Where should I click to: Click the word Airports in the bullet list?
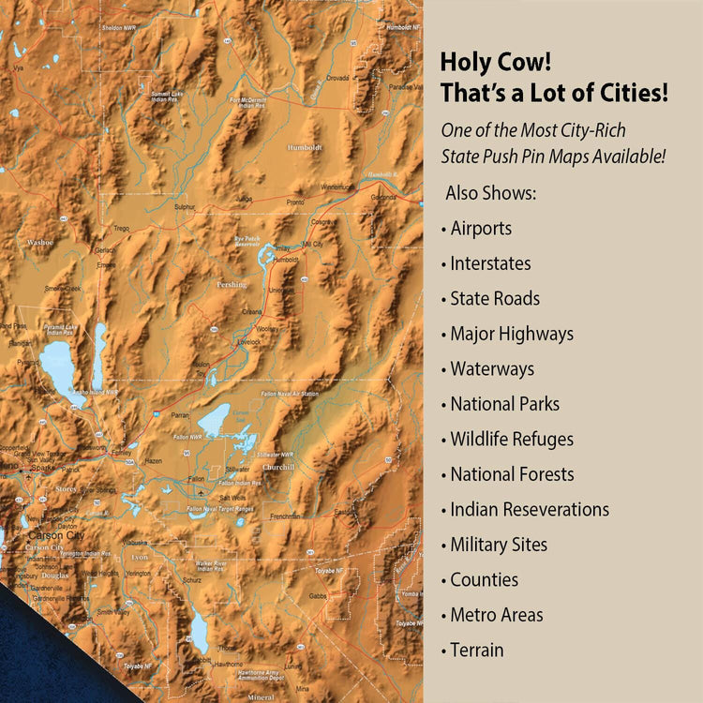(x=481, y=229)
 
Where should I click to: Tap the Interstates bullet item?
(x=490, y=263)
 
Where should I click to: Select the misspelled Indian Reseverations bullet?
(x=530, y=510)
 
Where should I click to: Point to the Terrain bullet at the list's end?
(x=476, y=651)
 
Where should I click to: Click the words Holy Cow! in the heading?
(x=496, y=64)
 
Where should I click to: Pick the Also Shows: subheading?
(x=491, y=193)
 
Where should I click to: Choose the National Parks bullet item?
(x=504, y=404)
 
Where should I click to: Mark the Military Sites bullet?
(x=499, y=545)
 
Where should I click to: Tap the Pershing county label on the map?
(x=232, y=285)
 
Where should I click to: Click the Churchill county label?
(x=279, y=467)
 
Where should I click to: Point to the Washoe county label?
(x=40, y=242)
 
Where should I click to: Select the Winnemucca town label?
(x=337, y=187)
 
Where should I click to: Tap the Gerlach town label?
(x=105, y=250)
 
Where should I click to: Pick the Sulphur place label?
(x=185, y=206)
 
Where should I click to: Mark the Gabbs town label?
(x=319, y=595)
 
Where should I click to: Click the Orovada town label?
(x=337, y=78)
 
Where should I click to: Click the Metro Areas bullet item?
(x=496, y=615)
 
